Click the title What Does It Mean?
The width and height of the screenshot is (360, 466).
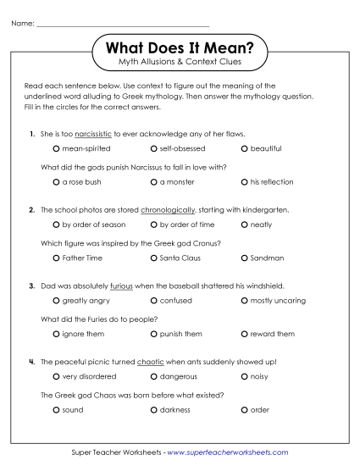click(x=180, y=45)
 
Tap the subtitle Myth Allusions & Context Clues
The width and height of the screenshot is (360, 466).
click(x=180, y=62)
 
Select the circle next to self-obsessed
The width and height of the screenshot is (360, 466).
click(x=153, y=148)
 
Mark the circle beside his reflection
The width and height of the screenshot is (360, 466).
click(x=244, y=181)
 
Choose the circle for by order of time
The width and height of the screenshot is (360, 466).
click(x=153, y=225)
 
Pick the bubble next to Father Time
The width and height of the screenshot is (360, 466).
click(x=56, y=258)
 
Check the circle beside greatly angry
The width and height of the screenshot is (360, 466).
click(x=56, y=300)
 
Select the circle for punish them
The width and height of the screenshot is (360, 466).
click(x=153, y=333)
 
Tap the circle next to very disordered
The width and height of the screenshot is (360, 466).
click(x=56, y=376)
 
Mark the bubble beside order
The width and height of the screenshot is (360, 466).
click(x=244, y=409)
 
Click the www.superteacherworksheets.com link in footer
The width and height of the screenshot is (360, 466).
click(x=229, y=453)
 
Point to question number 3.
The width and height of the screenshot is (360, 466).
click(x=31, y=286)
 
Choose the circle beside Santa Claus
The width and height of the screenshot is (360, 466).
click(x=153, y=258)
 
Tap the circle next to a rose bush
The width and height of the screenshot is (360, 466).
click(x=56, y=181)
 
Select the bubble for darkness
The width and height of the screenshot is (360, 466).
click(x=153, y=409)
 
